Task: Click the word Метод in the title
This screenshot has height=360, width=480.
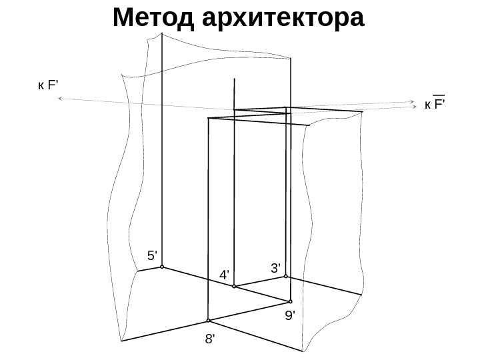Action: pos(149,18)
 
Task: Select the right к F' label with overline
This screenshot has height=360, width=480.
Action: pos(435,105)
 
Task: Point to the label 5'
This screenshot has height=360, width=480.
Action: pos(153,255)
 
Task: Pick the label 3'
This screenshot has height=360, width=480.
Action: pos(276,268)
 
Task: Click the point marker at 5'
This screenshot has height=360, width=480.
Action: pos(162,267)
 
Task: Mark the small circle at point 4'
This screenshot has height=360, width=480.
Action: pos(234,287)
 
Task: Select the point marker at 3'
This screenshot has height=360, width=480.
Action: pos(286,277)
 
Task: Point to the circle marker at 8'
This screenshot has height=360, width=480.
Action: pos(208,319)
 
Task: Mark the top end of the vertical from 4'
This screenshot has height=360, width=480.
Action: pos(234,79)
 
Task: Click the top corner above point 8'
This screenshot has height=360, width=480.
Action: pos(209,118)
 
